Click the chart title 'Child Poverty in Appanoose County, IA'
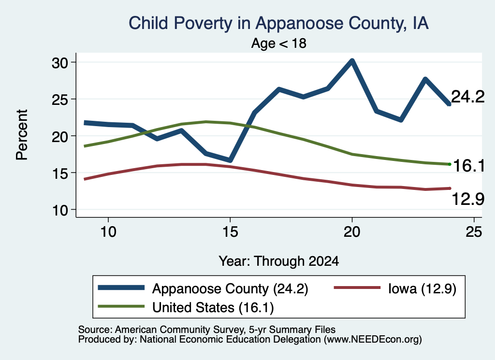pos(278,23)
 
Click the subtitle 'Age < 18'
pos(279,43)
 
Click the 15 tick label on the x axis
pos(230,232)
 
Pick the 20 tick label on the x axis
pos(352,232)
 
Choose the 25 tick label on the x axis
pos(474,232)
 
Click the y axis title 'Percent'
pos(22,135)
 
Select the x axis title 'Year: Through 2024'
pos(279,261)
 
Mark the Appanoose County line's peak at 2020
pos(352,60)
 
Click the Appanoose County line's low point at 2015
pos(230,160)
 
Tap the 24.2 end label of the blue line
pos(467,96)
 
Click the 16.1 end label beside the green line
pos(469,166)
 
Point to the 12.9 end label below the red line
pos(467,199)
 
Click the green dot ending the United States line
pos(450,164)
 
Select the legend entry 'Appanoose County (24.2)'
pos(230,288)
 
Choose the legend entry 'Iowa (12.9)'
pos(422,288)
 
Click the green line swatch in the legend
pos(121,306)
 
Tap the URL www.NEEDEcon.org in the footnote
pos(372,340)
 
